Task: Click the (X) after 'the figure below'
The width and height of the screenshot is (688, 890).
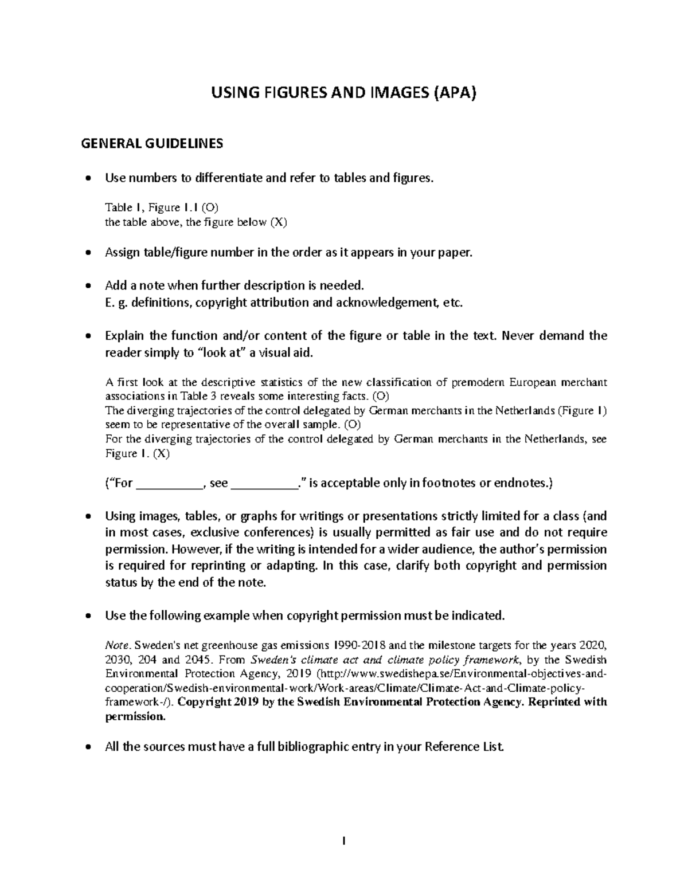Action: [x=277, y=222]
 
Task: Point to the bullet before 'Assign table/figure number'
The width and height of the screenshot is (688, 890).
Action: [x=88, y=253]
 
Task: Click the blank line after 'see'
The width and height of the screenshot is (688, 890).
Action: [x=264, y=483]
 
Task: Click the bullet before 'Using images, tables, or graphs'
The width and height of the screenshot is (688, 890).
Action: [x=88, y=516]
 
